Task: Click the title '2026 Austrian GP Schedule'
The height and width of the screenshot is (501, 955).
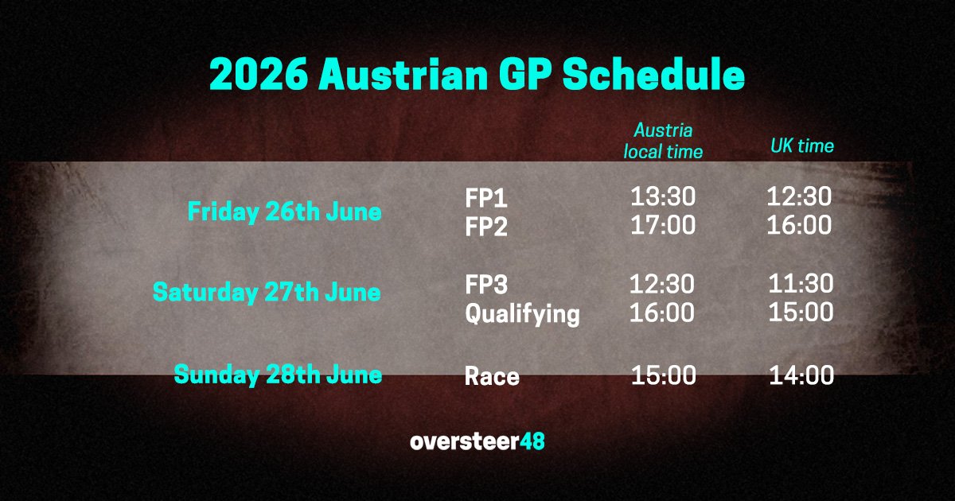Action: [x=477, y=76]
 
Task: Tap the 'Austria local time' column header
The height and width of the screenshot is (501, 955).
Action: [x=663, y=141]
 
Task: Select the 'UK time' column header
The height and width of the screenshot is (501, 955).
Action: [x=801, y=146]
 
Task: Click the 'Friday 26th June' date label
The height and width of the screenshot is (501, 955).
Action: [x=284, y=213]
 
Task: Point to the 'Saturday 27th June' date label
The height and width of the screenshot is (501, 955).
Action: [x=267, y=293]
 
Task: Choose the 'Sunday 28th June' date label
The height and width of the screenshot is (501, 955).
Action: [x=278, y=374]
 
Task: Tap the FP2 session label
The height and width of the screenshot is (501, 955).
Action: [x=486, y=227]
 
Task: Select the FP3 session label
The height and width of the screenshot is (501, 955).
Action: [x=486, y=285]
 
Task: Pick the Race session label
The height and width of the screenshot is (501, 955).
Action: [x=492, y=375]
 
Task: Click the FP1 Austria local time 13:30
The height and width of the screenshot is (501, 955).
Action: [x=662, y=196]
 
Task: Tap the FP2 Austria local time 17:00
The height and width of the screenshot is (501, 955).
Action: [x=662, y=226]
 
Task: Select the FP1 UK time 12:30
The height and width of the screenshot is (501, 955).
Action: [x=799, y=196]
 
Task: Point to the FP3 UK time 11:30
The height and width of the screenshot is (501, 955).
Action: [x=801, y=284]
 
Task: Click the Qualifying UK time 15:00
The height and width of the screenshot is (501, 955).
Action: [x=801, y=313]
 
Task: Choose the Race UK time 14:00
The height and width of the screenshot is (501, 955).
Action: [x=801, y=375]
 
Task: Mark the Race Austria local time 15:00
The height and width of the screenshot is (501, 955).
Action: [x=663, y=375]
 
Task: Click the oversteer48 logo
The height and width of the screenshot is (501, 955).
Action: [x=477, y=441]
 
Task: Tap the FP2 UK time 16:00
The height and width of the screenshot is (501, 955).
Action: [x=799, y=226]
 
